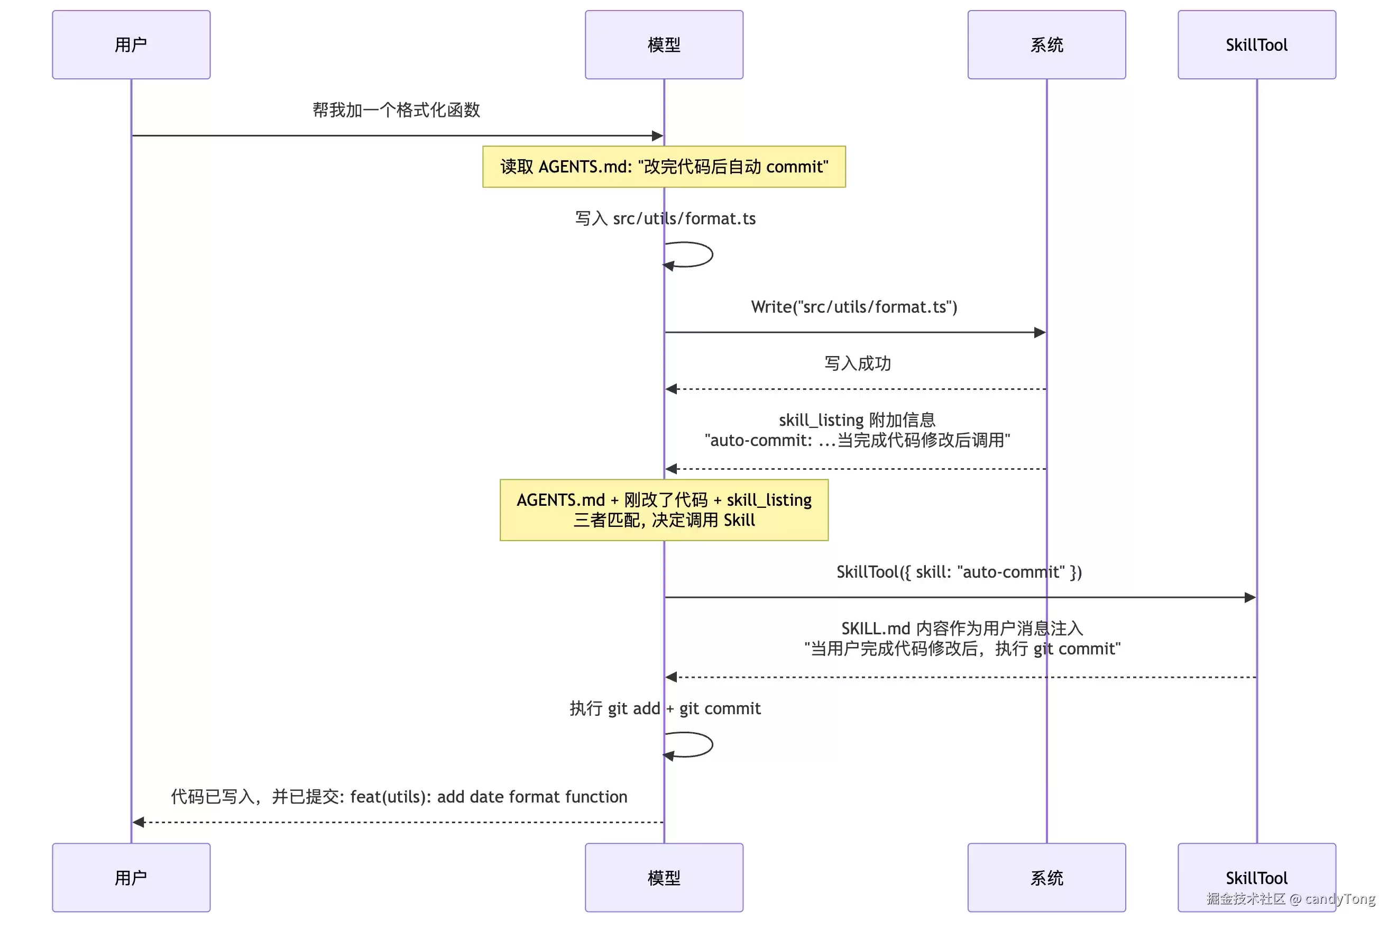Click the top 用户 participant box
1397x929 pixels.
[131, 44]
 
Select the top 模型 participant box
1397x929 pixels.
[664, 44]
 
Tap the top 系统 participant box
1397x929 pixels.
[1046, 44]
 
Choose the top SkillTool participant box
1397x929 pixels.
[1257, 44]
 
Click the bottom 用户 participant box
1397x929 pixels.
[131, 878]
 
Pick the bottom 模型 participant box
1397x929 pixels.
[664, 878]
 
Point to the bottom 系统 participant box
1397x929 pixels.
[1046, 878]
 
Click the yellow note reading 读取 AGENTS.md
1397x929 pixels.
[664, 167]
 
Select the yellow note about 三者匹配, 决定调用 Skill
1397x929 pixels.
[664, 509]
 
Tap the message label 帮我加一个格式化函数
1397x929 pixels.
[396, 110]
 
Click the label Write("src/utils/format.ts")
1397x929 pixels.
[854, 306]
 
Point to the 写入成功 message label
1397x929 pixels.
[858, 362]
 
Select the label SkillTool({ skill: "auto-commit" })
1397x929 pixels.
[959, 572]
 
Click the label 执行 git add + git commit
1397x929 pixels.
[665, 708]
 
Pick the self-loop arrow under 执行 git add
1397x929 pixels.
[712, 745]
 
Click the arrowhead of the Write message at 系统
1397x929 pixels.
[1040, 332]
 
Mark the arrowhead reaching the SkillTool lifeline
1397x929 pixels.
[1250, 597]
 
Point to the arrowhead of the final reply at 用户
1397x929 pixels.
[138, 822]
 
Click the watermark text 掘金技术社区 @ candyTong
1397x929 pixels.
[1290, 898]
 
